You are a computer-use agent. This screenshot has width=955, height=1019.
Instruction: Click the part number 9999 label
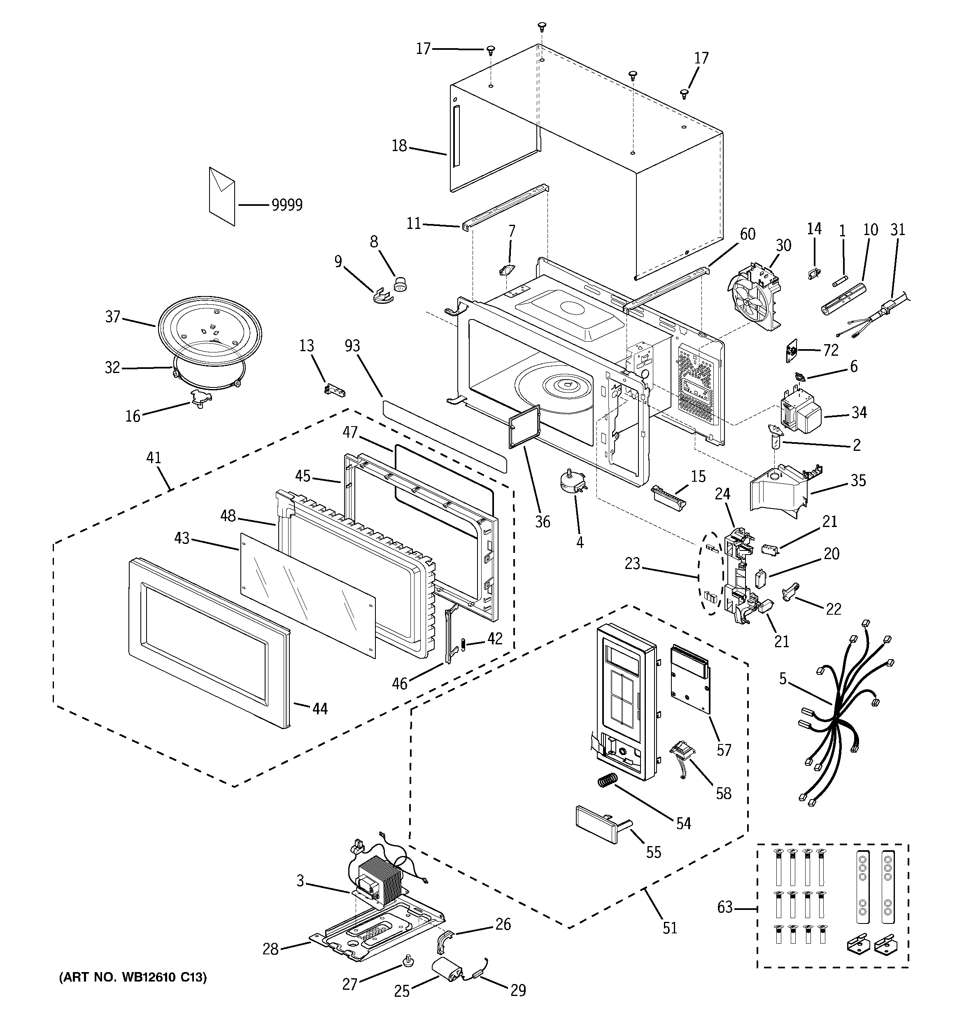point(287,205)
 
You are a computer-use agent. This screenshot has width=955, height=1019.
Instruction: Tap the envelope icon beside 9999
point(222,196)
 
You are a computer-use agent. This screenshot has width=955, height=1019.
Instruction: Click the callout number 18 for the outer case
point(399,146)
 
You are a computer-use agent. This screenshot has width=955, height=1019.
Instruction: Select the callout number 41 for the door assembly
point(154,458)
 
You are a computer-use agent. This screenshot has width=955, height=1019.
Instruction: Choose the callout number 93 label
point(353,346)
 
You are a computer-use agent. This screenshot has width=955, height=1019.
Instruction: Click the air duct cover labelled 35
point(786,487)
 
